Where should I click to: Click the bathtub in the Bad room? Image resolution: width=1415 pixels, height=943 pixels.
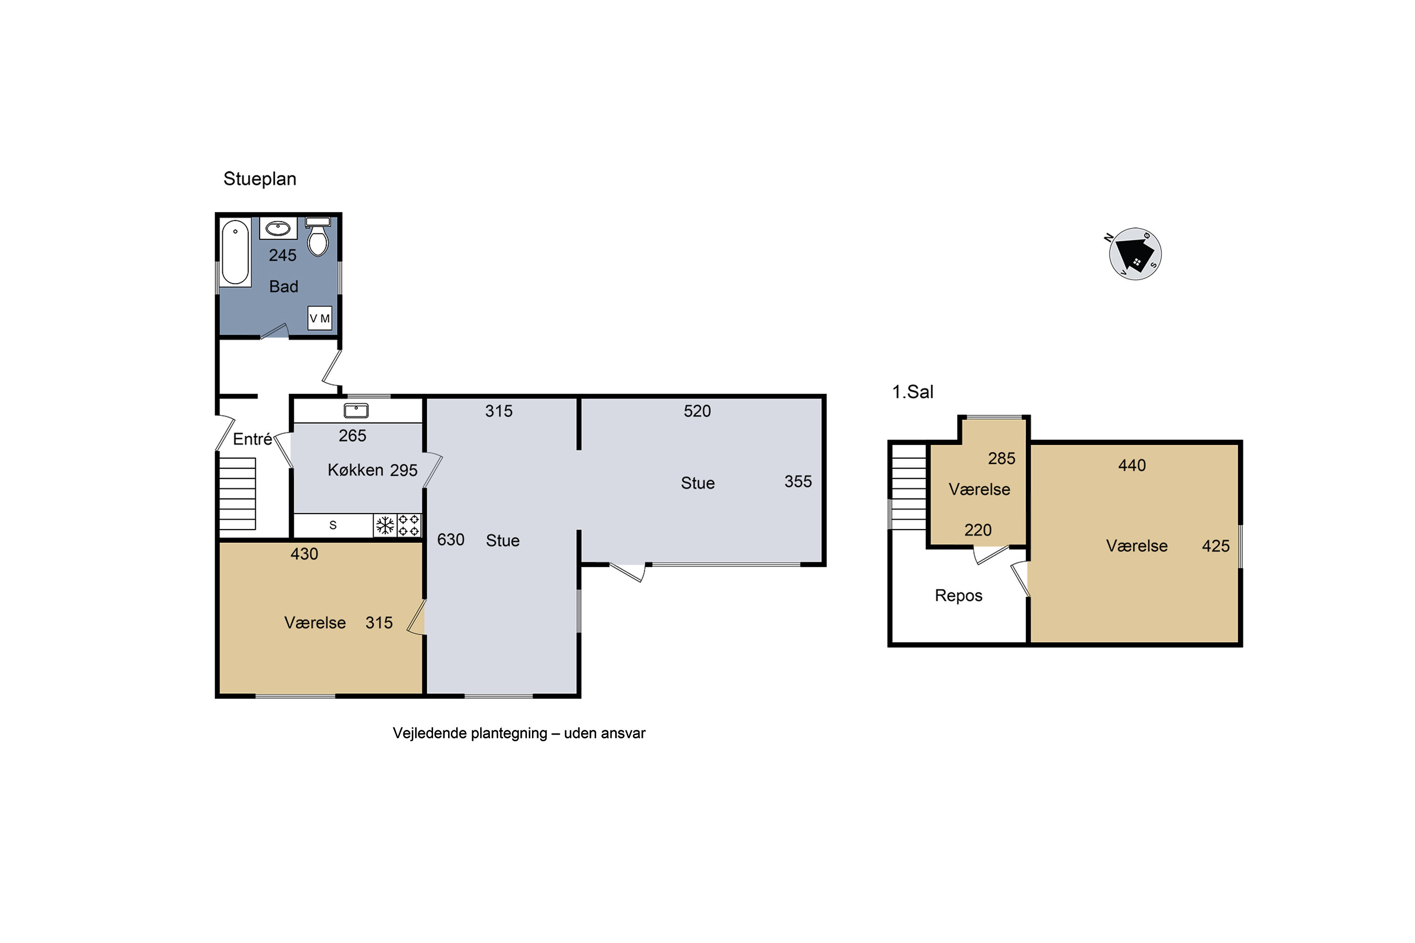[x=235, y=253]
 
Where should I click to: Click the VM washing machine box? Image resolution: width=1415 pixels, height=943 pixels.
[x=319, y=318]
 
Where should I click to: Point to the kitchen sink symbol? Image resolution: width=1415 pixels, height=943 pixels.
[x=356, y=411]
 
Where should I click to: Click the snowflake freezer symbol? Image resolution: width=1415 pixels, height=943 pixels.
[x=385, y=526]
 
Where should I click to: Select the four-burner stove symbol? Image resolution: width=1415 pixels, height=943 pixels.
[x=409, y=526]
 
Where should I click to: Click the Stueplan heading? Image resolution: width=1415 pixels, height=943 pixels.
[x=260, y=179]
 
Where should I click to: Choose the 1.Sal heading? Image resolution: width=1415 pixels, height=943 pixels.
[x=913, y=392]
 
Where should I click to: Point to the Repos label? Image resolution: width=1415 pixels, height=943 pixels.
[x=958, y=596]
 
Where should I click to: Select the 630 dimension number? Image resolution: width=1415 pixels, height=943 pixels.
[x=450, y=540]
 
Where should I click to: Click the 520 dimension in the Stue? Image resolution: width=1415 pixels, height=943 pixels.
[x=697, y=411]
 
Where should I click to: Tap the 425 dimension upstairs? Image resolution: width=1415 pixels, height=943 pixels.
[x=1216, y=546]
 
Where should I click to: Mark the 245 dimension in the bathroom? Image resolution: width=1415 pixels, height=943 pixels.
[x=283, y=256]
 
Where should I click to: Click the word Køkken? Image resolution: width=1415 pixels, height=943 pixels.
[x=356, y=470]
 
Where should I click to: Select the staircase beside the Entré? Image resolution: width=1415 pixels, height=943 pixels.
[x=238, y=494]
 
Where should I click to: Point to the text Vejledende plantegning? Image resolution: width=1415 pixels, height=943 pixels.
[x=470, y=733]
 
